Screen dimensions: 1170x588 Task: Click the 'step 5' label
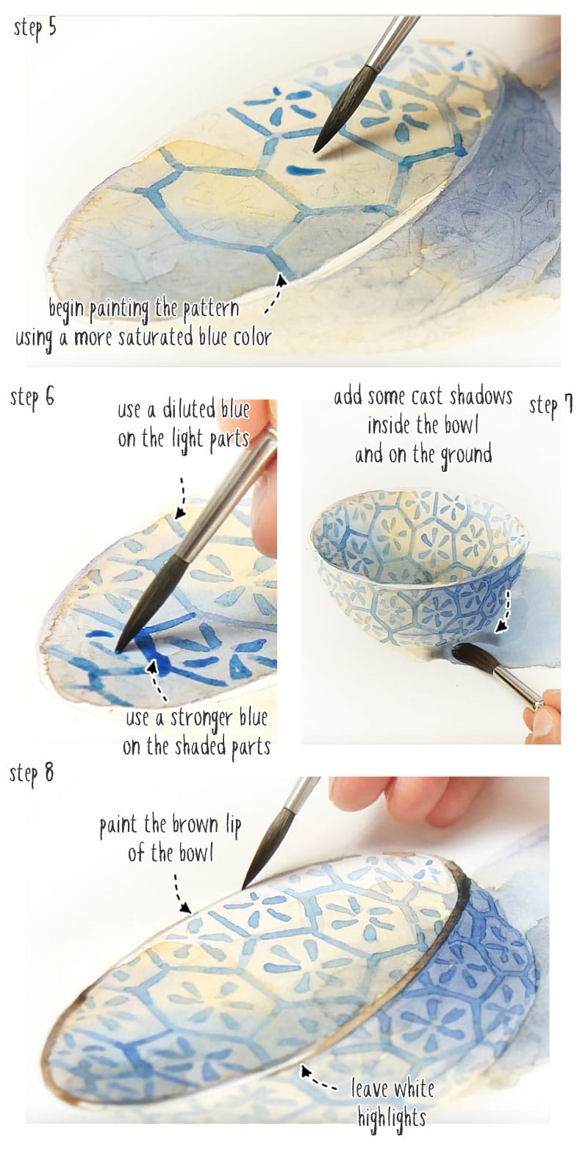(34, 30)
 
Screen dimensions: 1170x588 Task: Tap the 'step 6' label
(32, 398)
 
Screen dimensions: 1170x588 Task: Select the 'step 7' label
(551, 405)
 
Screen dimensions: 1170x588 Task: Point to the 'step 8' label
(32, 773)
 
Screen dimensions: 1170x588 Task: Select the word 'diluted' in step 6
(188, 409)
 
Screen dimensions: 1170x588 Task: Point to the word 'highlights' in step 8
(391, 1118)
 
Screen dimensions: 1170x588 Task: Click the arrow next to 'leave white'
(318, 1080)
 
